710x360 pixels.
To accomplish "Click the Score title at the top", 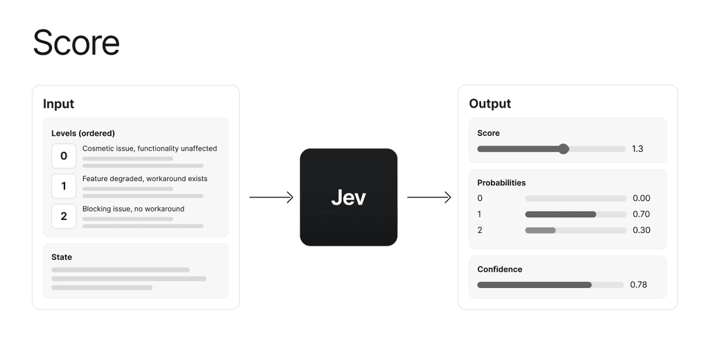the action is tap(76, 42).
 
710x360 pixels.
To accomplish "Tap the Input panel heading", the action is tap(58, 103).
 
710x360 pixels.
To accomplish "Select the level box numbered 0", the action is tap(64, 156).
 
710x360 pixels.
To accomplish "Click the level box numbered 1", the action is tap(64, 186).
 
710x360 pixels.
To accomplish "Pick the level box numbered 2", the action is tap(64, 216).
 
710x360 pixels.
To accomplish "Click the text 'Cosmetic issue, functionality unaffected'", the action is tap(150, 148).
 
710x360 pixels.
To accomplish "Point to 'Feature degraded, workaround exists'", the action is tap(145, 178).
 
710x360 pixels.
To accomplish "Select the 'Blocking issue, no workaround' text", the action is tap(133, 209).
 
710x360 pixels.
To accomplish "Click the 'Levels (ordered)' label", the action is tap(83, 133).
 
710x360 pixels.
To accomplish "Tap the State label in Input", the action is tap(62, 257).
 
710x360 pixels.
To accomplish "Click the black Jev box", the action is tap(349, 197).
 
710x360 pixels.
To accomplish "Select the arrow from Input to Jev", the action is tap(271, 197).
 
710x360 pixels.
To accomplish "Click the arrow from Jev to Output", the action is tap(428, 197).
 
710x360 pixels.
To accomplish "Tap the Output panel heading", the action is tap(490, 103).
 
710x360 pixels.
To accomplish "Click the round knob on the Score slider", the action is tap(563, 148).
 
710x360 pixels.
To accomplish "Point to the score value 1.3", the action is tap(638, 148).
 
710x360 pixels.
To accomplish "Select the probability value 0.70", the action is tap(641, 214).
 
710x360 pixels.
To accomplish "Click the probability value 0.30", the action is tap(641, 230).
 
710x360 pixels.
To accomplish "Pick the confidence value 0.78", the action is tap(639, 285).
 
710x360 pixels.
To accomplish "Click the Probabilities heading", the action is tap(501, 183).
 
